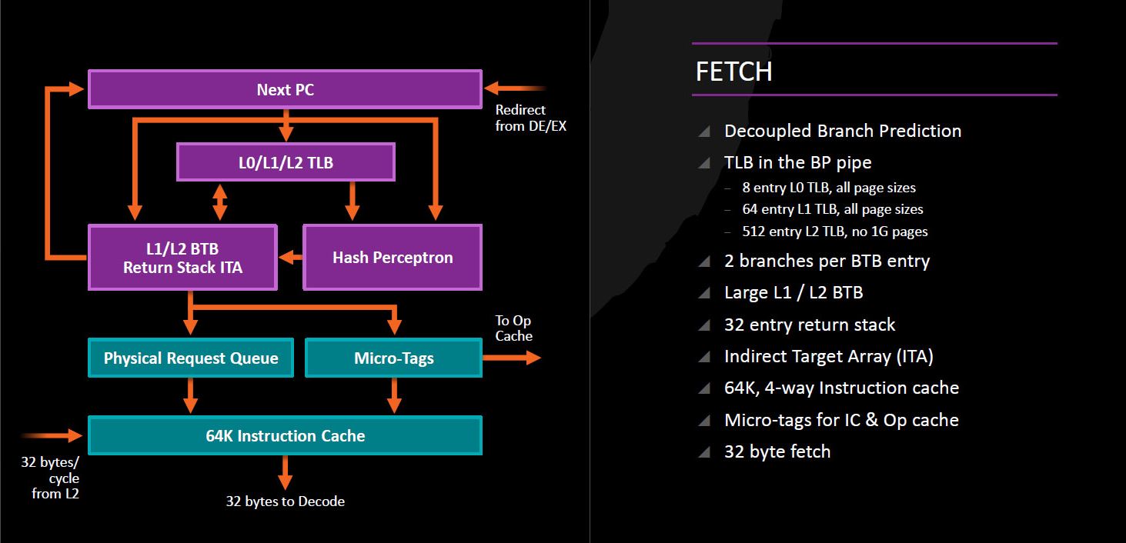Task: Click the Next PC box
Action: (x=285, y=89)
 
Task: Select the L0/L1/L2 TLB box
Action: (x=286, y=162)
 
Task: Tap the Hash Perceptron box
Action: (x=393, y=257)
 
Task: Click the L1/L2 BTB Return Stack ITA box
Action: (x=182, y=257)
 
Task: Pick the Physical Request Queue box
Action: (x=191, y=358)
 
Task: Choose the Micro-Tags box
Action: (x=393, y=358)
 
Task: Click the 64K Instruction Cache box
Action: (x=285, y=435)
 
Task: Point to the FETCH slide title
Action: (x=734, y=72)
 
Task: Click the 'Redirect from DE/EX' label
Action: (x=531, y=118)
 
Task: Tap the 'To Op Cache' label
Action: (x=513, y=328)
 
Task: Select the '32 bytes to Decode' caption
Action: (x=285, y=501)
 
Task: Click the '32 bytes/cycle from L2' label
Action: (x=50, y=478)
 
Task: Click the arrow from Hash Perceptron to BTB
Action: (x=291, y=257)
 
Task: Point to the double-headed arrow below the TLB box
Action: (x=219, y=202)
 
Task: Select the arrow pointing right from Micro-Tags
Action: (x=512, y=358)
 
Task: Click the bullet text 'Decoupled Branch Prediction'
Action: (x=843, y=131)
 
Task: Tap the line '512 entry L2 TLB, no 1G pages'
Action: (x=835, y=231)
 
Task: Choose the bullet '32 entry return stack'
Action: (x=810, y=325)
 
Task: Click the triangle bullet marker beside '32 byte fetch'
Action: (x=704, y=452)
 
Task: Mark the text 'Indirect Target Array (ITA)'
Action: (x=828, y=357)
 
